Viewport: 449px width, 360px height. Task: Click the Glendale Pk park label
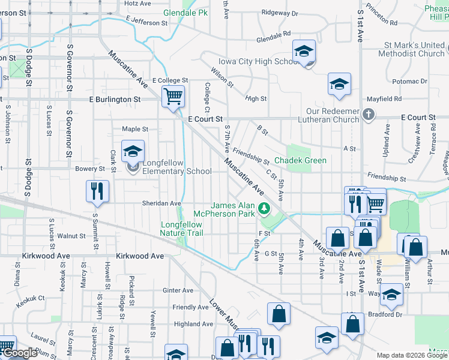[185, 13]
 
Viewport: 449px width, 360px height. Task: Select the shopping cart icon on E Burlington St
[173, 96]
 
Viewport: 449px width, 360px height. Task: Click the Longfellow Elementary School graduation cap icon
[133, 152]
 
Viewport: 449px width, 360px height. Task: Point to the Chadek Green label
[300, 160]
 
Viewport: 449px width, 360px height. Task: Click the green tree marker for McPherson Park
[264, 208]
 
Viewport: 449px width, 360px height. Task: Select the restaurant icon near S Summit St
[97, 191]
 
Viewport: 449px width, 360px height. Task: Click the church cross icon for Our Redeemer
[369, 113]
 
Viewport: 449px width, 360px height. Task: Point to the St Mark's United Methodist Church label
[406, 49]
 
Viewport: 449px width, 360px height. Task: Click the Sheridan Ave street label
[161, 203]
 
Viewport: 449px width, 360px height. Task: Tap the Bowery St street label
[90, 169]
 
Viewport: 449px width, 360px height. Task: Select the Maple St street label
[135, 129]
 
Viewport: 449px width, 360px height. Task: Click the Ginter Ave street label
[178, 290]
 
